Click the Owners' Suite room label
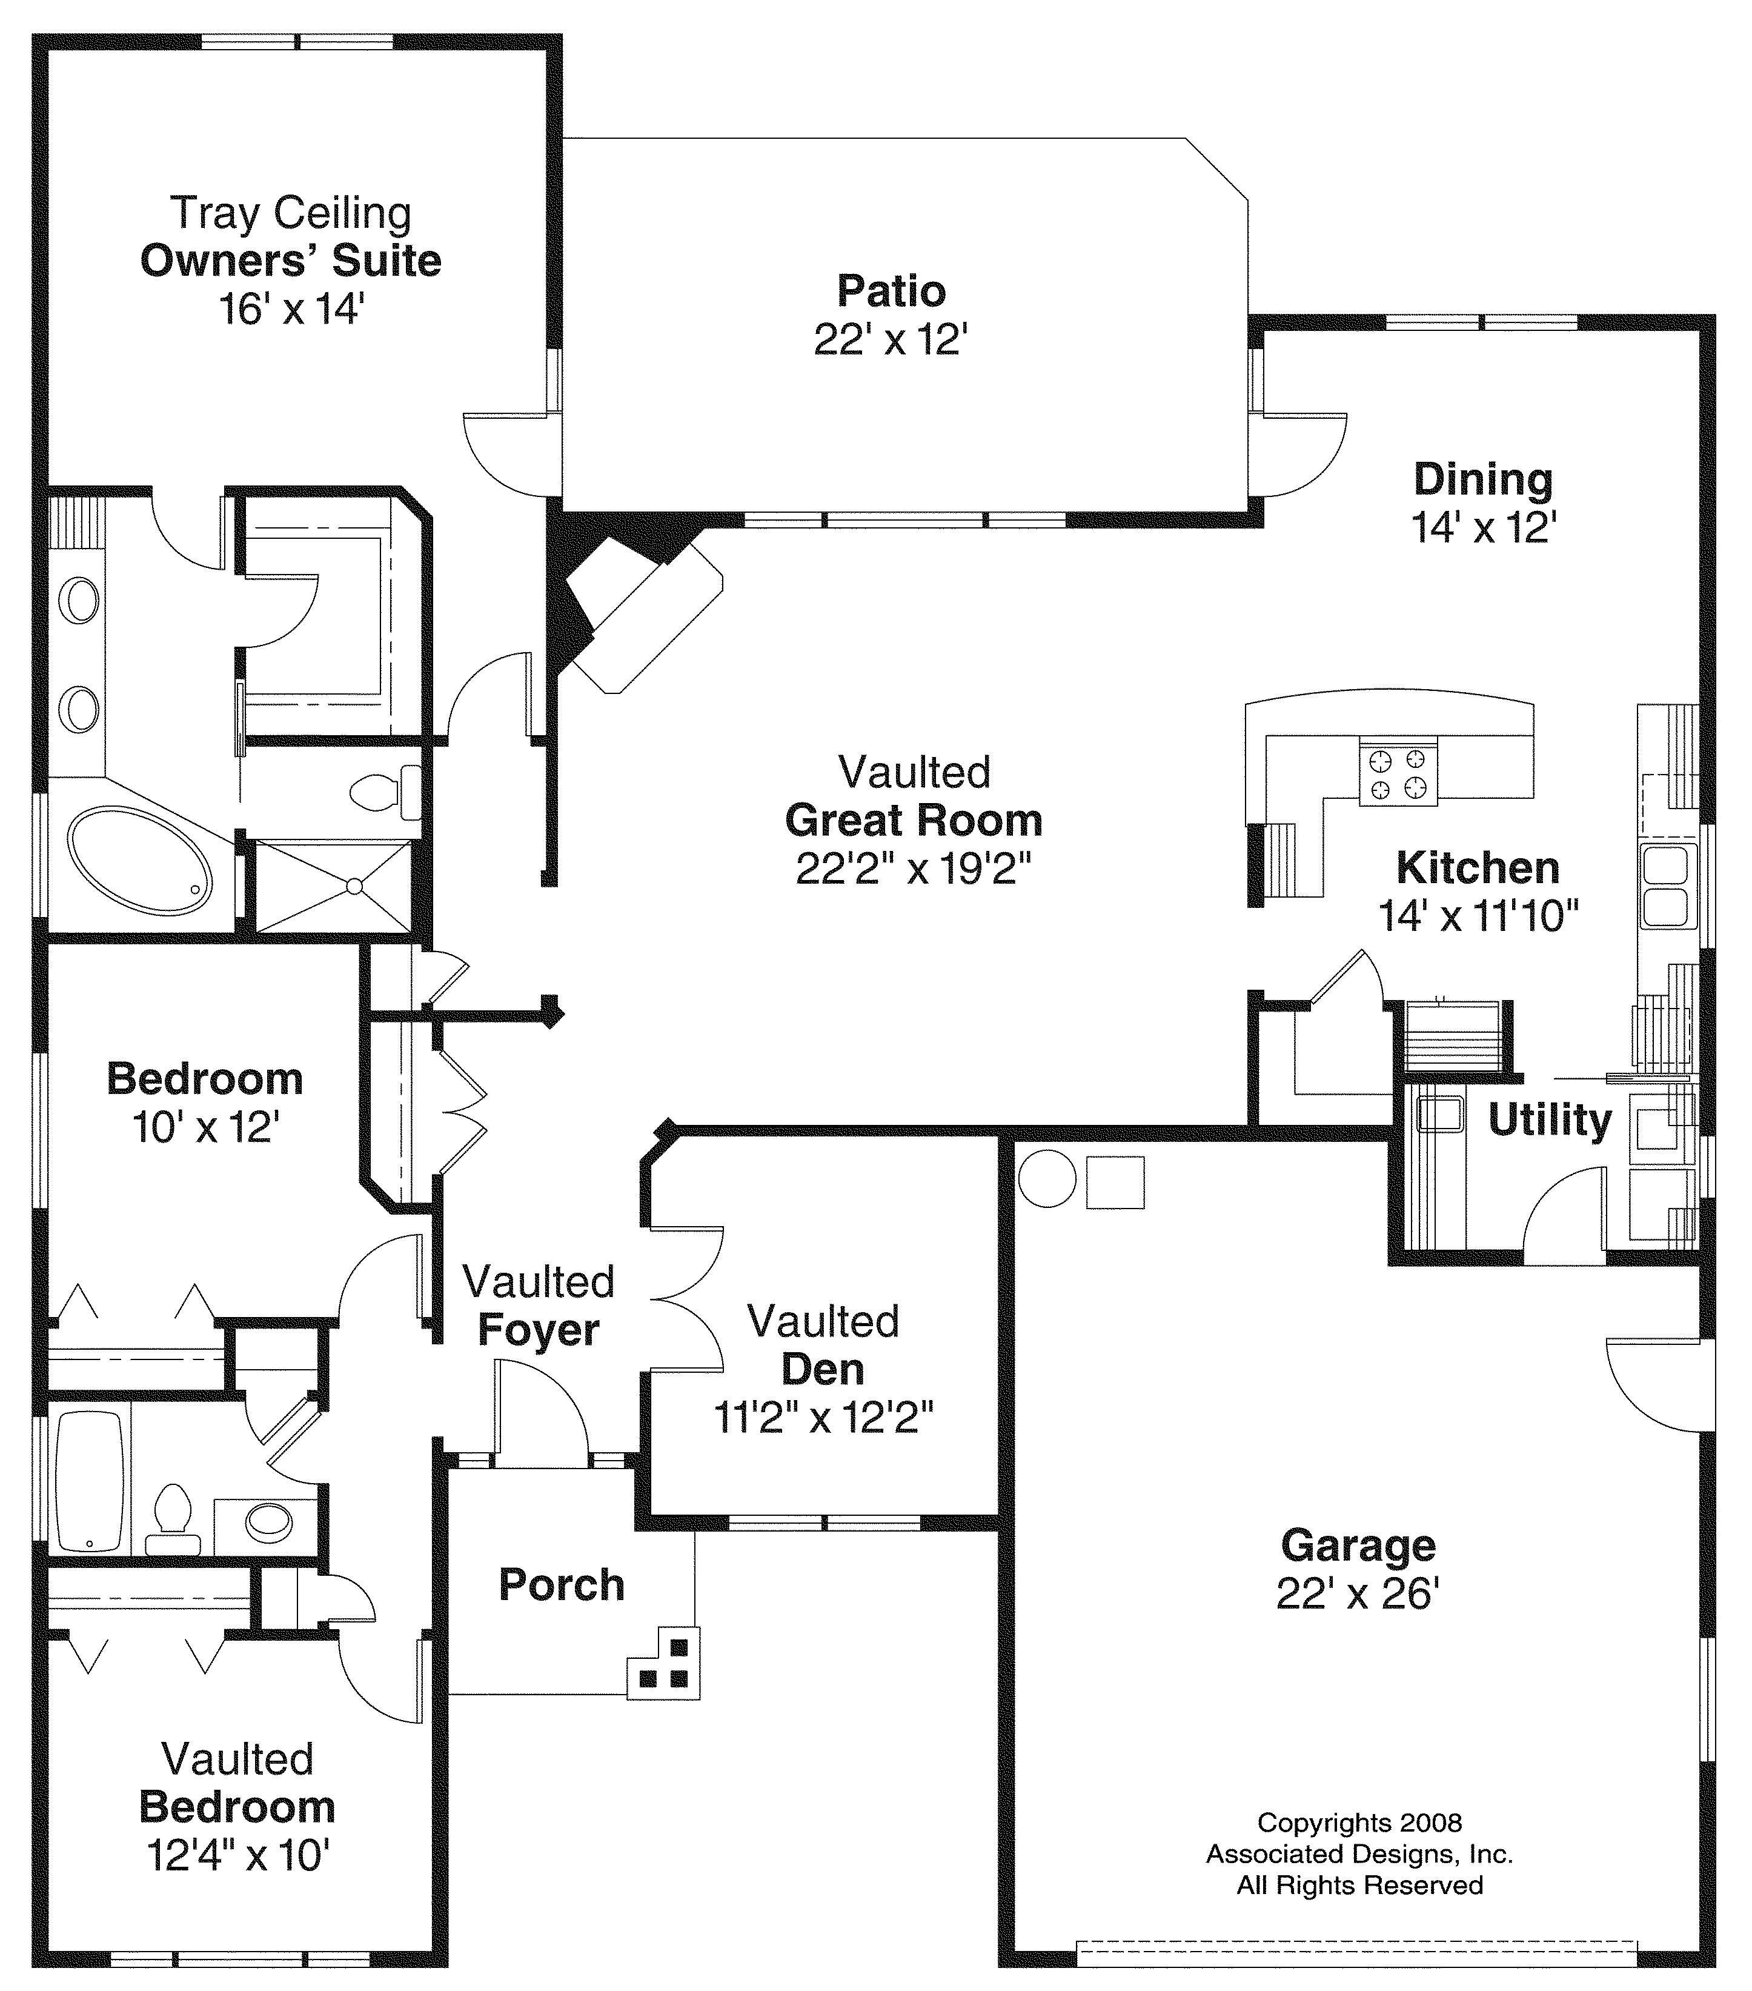click(290, 261)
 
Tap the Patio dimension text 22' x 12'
click(890, 340)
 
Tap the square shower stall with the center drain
click(334, 886)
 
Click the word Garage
click(1358, 1546)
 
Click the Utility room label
click(1548, 1119)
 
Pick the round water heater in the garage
click(1047, 1179)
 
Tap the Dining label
click(1482, 479)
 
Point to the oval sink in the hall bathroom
click(269, 1519)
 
